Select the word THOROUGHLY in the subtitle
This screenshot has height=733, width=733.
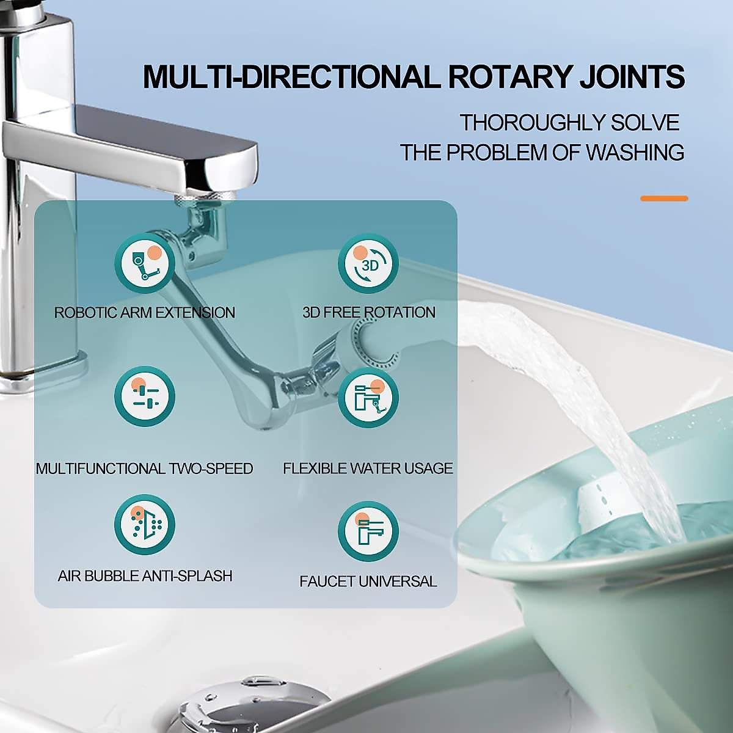[x=522, y=123]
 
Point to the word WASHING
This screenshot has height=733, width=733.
[x=635, y=152]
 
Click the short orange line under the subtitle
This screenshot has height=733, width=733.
[x=664, y=199]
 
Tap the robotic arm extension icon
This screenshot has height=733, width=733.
[x=145, y=263]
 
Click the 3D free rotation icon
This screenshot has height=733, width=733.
[x=368, y=263]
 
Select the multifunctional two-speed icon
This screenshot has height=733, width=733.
[x=145, y=396]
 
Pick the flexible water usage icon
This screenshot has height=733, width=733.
[x=368, y=396]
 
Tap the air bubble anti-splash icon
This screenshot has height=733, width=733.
[x=145, y=525]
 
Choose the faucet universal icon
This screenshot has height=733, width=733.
[x=368, y=531]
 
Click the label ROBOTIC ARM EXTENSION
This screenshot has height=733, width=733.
[x=145, y=313]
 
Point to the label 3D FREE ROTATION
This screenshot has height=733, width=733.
[x=369, y=313]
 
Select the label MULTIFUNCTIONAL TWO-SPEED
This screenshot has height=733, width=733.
[x=145, y=469]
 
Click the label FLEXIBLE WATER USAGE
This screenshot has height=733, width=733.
[x=368, y=469]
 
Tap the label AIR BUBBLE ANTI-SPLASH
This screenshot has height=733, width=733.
[x=145, y=576]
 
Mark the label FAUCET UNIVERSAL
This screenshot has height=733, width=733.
[x=368, y=582]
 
